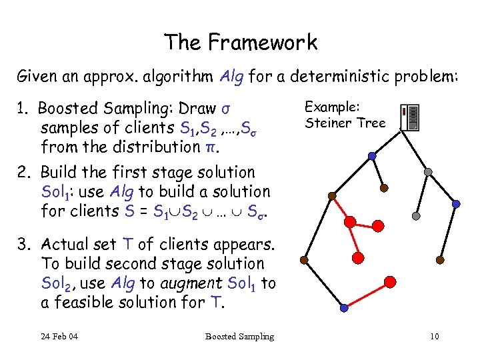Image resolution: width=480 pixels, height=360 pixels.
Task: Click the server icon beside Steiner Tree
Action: click(x=411, y=117)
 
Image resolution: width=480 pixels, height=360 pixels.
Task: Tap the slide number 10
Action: click(x=434, y=336)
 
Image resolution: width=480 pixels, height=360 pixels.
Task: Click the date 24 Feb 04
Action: click(x=59, y=336)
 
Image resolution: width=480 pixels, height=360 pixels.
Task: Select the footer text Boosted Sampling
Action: click(x=239, y=336)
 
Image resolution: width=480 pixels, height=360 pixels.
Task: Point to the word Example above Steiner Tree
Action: click(x=332, y=106)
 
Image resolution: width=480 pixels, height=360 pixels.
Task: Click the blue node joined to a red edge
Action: click(x=344, y=309)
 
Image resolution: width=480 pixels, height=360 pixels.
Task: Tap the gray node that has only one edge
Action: click(x=416, y=216)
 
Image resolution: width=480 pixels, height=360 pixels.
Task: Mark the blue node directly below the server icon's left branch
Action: click(x=372, y=157)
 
